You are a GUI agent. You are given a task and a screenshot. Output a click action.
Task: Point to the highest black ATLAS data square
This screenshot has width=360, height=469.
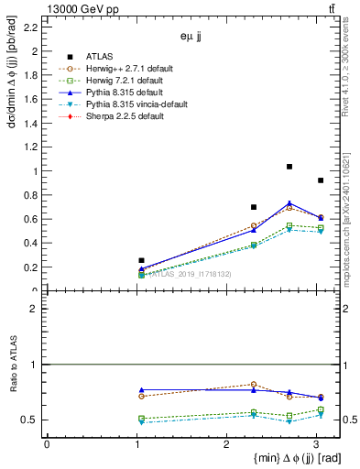(289, 167)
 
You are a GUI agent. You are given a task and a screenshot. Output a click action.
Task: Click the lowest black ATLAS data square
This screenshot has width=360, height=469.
(141, 261)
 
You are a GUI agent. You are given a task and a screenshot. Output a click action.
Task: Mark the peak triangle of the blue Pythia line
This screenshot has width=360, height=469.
(289, 203)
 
